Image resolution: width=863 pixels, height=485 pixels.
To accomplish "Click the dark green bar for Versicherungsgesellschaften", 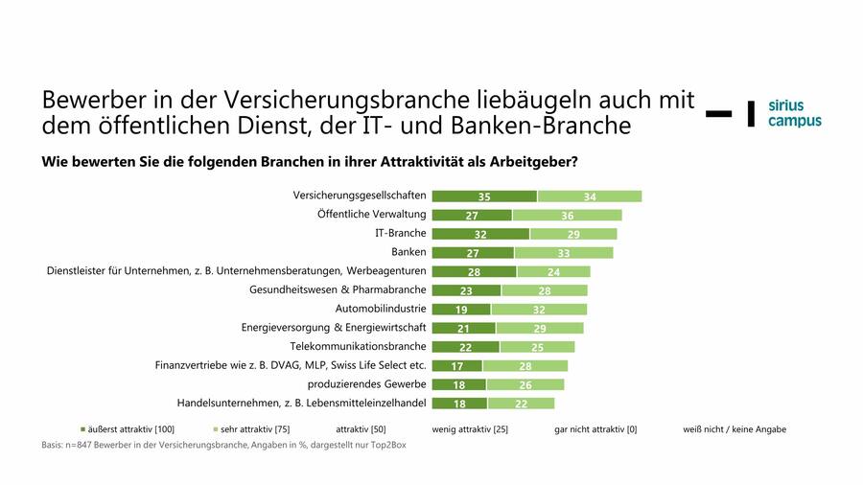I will click(484, 196).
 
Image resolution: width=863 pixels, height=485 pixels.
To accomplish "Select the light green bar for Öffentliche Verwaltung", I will click(567, 216).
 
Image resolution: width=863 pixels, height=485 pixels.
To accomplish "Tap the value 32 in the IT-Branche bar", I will click(480, 234).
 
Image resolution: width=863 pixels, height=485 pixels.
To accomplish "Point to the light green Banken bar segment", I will click(564, 253).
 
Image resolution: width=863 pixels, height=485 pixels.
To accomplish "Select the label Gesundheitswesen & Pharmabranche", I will click(338, 289).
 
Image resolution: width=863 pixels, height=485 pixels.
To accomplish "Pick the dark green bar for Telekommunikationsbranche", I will click(465, 346).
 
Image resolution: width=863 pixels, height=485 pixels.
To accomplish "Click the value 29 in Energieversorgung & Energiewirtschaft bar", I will click(539, 328).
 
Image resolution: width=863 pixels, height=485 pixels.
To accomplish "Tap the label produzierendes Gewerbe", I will click(365, 383).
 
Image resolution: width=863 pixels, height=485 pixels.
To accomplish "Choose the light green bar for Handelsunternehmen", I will click(521, 403).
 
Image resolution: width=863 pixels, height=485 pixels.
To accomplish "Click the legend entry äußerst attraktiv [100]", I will click(128, 429).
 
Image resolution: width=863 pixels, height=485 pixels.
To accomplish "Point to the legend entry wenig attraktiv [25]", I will click(469, 429).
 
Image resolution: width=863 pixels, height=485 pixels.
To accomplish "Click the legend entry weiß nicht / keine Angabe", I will click(734, 429).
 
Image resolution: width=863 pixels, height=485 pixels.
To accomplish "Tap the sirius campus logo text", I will click(794, 113).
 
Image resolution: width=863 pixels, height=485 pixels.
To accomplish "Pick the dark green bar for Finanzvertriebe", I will click(457, 365).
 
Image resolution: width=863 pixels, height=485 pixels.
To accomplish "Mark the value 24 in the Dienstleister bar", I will click(553, 271).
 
